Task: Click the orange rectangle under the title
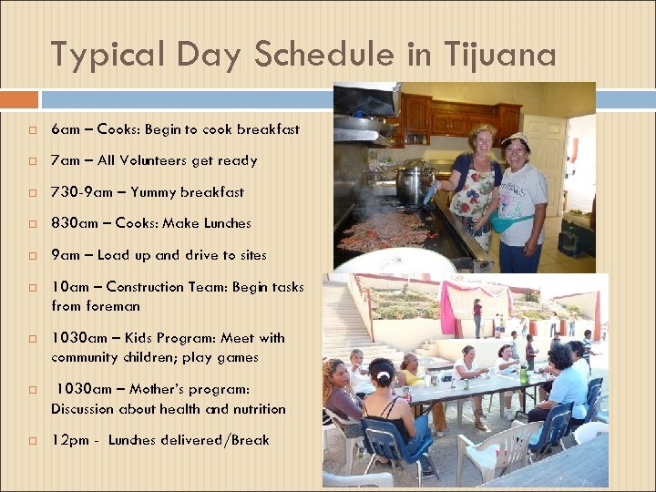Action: pos(19,99)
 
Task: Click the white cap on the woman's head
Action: pos(516,138)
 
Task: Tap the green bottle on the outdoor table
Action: pos(522,374)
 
